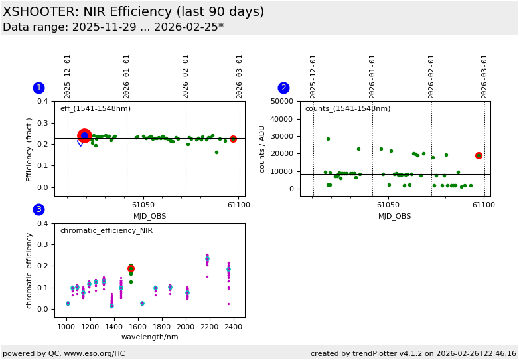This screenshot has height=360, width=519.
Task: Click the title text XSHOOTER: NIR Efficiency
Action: (133, 12)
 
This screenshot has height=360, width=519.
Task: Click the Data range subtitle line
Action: (113, 27)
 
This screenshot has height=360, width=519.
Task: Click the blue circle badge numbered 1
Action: (38, 88)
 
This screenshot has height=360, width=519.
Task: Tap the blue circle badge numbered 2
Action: (283, 88)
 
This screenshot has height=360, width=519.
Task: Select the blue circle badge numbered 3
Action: (38, 209)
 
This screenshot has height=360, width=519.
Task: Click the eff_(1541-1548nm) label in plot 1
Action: (95, 108)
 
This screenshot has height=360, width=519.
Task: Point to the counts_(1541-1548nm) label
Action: (347, 108)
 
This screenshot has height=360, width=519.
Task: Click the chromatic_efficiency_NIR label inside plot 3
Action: (106, 230)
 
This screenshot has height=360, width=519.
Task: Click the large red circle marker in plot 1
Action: (84, 135)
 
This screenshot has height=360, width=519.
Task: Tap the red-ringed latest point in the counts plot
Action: (479, 155)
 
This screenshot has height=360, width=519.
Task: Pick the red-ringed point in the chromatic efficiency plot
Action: (131, 268)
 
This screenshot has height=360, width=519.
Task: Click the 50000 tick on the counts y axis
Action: (282, 101)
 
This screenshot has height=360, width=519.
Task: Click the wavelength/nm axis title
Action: (149, 337)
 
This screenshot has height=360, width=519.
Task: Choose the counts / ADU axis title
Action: (263, 148)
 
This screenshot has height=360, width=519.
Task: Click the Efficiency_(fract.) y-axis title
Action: (29, 148)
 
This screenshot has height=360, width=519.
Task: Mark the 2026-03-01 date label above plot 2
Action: (485, 76)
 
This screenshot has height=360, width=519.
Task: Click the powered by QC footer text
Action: (64, 353)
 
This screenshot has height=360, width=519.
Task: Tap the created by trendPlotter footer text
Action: (413, 353)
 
